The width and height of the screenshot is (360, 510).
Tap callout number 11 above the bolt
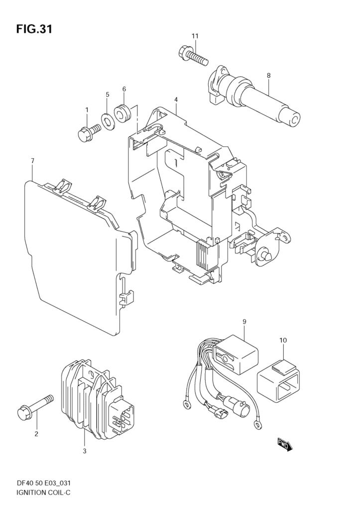[195, 36]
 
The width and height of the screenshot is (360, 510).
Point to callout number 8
[268, 76]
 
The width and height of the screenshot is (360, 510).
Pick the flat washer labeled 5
[107, 120]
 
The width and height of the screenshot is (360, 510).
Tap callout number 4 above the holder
[176, 100]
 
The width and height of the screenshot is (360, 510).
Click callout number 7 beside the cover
[32, 161]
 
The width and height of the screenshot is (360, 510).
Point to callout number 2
[36, 434]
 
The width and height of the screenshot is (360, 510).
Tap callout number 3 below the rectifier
[84, 451]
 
